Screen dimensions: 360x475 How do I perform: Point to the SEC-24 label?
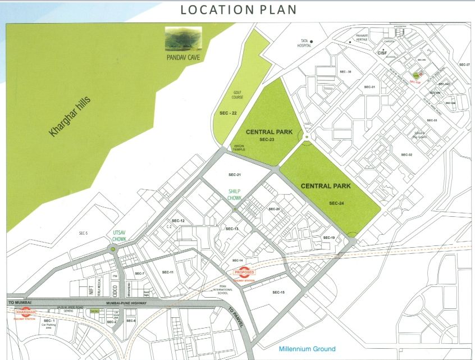(336, 203)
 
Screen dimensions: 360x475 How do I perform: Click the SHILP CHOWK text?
(235, 195)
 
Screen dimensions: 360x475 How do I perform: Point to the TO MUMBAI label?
(21, 302)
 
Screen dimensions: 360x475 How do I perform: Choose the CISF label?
(384, 53)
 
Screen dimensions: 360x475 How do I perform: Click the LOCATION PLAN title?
(237, 11)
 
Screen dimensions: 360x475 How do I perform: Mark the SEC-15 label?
(279, 292)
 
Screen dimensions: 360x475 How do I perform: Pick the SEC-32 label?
(407, 154)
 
